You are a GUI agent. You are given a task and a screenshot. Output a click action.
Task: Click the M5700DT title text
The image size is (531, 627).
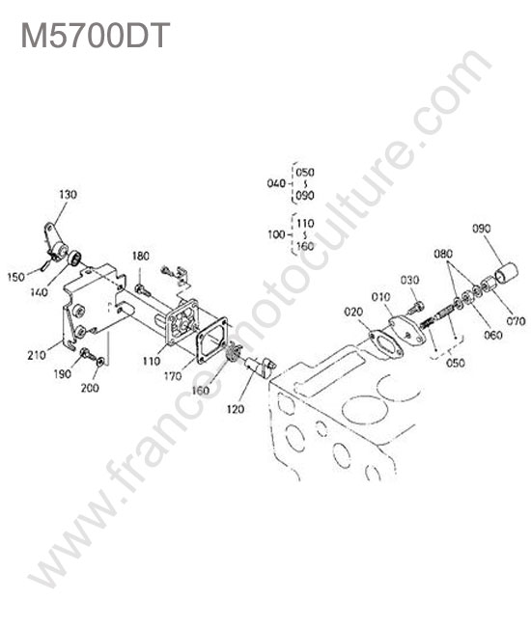[96, 35]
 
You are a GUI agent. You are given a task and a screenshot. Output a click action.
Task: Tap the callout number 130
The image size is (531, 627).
[68, 195]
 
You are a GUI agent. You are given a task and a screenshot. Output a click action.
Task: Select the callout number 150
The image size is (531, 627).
[16, 276]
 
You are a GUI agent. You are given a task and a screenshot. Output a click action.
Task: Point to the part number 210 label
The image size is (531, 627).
[37, 355]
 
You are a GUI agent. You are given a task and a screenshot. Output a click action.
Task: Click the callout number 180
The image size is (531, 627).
[141, 256]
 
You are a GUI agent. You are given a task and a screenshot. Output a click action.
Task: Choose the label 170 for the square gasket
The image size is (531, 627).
[173, 376]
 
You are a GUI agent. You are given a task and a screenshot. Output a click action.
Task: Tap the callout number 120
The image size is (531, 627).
[236, 409]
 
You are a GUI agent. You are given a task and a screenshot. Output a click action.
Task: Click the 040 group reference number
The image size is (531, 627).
[276, 183]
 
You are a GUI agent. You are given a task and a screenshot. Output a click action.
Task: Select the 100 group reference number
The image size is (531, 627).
[276, 234]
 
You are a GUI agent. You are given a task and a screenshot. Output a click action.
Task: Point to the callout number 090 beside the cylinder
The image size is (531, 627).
[482, 229]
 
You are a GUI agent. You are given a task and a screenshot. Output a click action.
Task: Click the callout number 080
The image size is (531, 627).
[443, 254]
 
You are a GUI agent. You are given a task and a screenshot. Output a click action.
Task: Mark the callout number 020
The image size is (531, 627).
[353, 312]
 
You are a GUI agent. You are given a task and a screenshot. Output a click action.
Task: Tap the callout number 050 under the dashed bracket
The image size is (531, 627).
[456, 363]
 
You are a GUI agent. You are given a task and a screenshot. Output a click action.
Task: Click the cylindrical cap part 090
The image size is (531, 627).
[506, 274]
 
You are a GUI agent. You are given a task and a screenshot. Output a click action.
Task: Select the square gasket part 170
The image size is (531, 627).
[211, 341]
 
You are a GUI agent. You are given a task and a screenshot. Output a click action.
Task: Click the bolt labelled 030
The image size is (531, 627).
[414, 308]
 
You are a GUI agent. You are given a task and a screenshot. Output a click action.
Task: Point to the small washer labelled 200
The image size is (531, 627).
[100, 362]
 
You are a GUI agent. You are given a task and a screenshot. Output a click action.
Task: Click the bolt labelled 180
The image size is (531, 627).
[143, 290]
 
